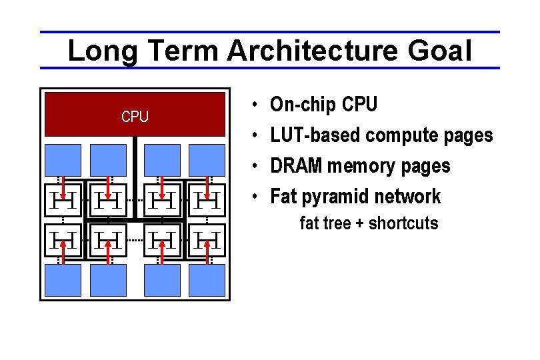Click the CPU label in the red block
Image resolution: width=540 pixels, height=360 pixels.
pyautogui.click(x=135, y=117)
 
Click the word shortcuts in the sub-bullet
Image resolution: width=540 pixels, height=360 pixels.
pyautogui.click(x=403, y=223)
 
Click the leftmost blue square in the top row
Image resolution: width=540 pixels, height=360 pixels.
pyautogui.click(x=64, y=160)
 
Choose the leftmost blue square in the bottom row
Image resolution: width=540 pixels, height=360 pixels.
pyautogui.click(x=64, y=280)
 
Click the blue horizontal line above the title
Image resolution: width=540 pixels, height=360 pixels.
pyautogui.click(x=269, y=32)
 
